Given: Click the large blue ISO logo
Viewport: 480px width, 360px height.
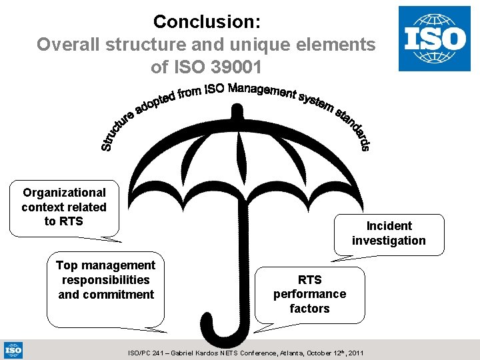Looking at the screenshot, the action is click(x=435, y=39).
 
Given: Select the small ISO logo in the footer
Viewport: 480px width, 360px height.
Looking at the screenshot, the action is click(x=13, y=350).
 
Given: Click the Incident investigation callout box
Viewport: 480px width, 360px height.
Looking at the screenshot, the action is click(x=389, y=233).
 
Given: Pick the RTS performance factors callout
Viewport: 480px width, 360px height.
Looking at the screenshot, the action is click(x=309, y=294).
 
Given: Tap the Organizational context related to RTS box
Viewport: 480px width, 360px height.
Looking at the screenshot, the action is click(x=64, y=207).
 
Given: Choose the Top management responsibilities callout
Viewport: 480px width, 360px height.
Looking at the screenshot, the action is click(x=105, y=280).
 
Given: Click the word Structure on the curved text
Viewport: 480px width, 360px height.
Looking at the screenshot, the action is click(x=119, y=132).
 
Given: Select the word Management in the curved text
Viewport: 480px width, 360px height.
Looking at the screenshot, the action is click(x=261, y=91).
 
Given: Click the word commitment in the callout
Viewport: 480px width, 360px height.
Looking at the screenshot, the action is click(x=106, y=295).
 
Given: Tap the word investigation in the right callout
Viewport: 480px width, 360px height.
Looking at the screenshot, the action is click(x=389, y=241).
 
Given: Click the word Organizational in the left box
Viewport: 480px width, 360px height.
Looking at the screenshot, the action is click(x=64, y=193).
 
